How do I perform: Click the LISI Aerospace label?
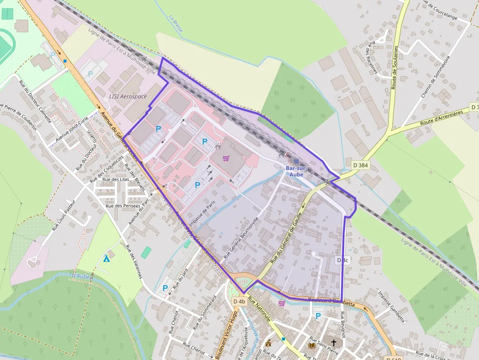pyautogui.click(x=128, y=97)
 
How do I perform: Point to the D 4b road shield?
pyautogui.click(x=239, y=301)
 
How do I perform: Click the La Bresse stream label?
pyautogui.click(x=176, y=23)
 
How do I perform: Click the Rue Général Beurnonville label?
pyautogui.click(x=240, y=237)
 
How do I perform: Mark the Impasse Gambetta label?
pyautogui.click(x=392, y=307)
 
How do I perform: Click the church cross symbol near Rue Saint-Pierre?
pyautogui.click(x=334, y=343)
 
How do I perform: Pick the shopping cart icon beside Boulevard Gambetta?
pyautogui.click(x=282, y=303)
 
